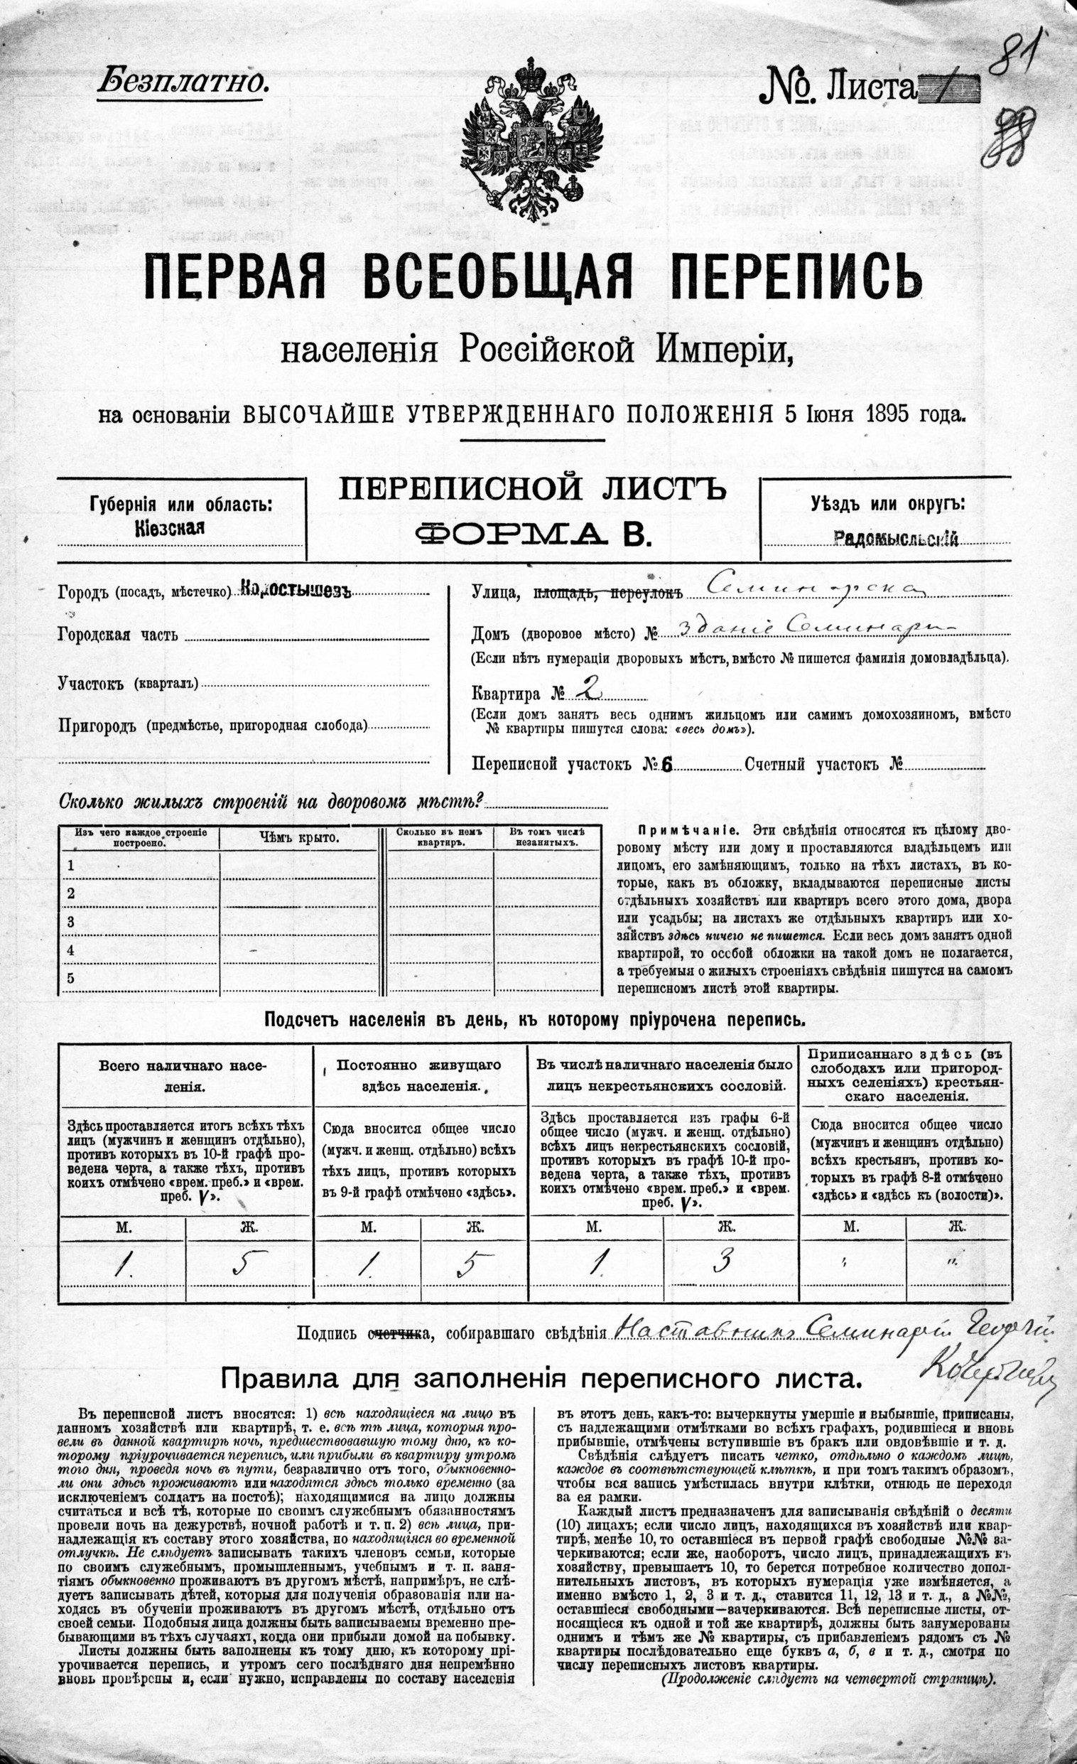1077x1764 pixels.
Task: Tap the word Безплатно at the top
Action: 183,83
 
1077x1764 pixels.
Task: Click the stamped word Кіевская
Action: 170,528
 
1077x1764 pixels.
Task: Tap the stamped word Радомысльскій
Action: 896,540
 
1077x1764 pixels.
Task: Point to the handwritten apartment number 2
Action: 586,689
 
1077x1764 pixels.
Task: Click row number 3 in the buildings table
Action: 71,922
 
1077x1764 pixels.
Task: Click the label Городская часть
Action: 118,635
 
